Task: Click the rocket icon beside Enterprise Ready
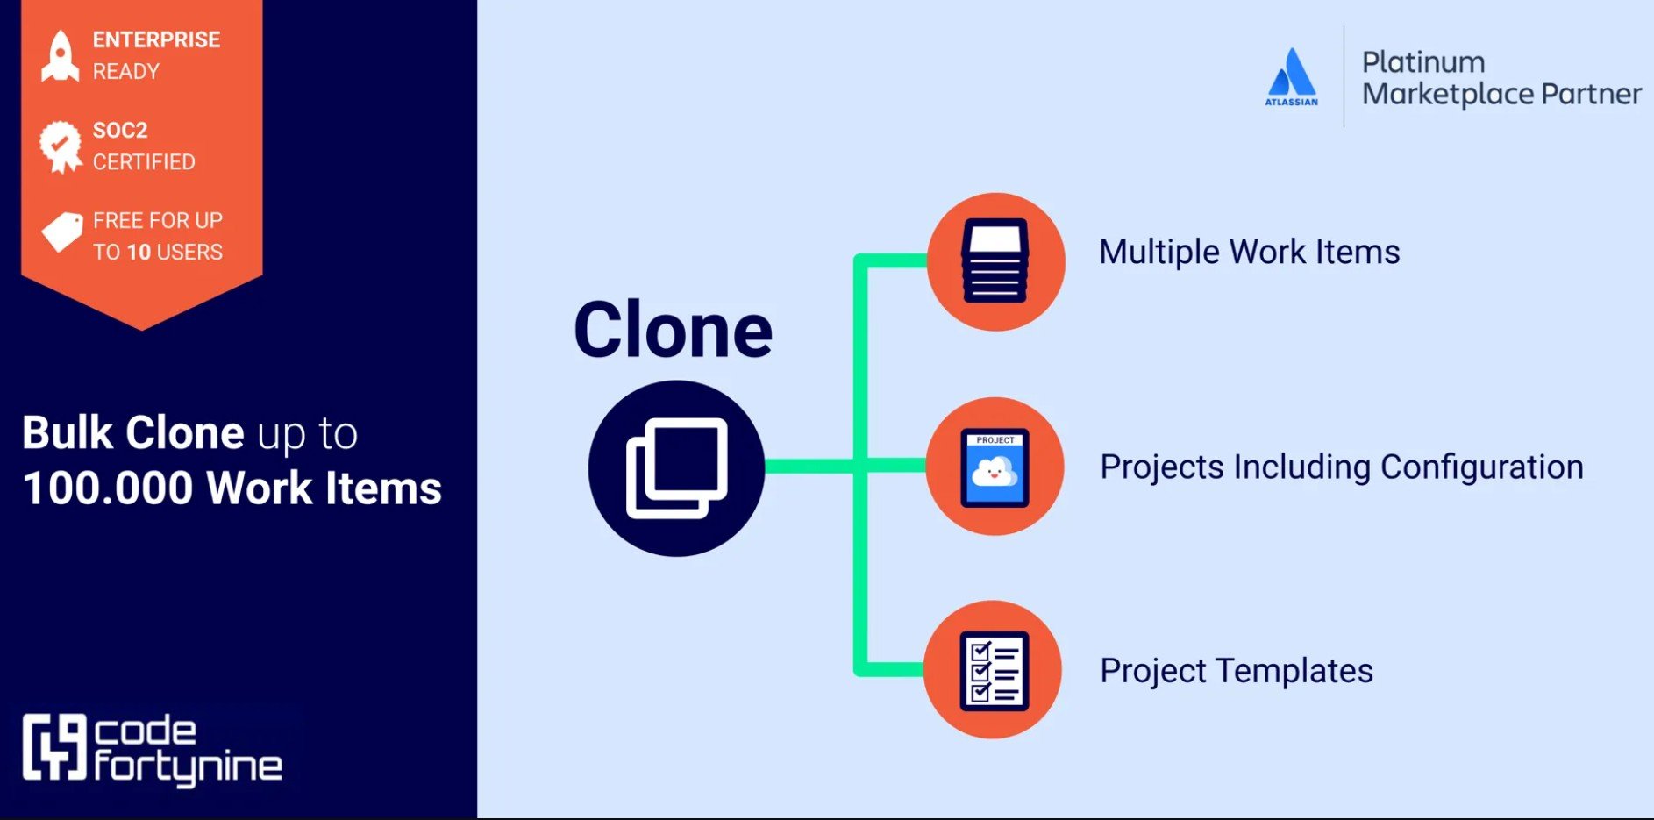tap(60, 56)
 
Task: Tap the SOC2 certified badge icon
tap(60, 146)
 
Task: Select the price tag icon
tap(62, 232)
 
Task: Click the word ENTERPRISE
tap(156, 40)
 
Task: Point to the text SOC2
tap(120, 131)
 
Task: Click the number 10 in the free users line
tap(139, 253)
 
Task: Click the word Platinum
tap(1422, 62)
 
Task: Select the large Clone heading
tap(673, 331)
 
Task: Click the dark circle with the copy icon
tap(676, 468)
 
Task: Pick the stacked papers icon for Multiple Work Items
tap(995, 261)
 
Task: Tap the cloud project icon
tap(995, 467)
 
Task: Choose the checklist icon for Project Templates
tap(994, 670)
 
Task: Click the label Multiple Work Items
tap(1249, 253)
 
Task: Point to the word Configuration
tap(1481, 467)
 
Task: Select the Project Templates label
tap(1237, 671)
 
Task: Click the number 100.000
tap(108, 488)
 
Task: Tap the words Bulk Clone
tap(133, 433)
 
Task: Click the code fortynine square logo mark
tap(54, 746)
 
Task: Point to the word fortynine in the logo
tap(188, 767)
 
